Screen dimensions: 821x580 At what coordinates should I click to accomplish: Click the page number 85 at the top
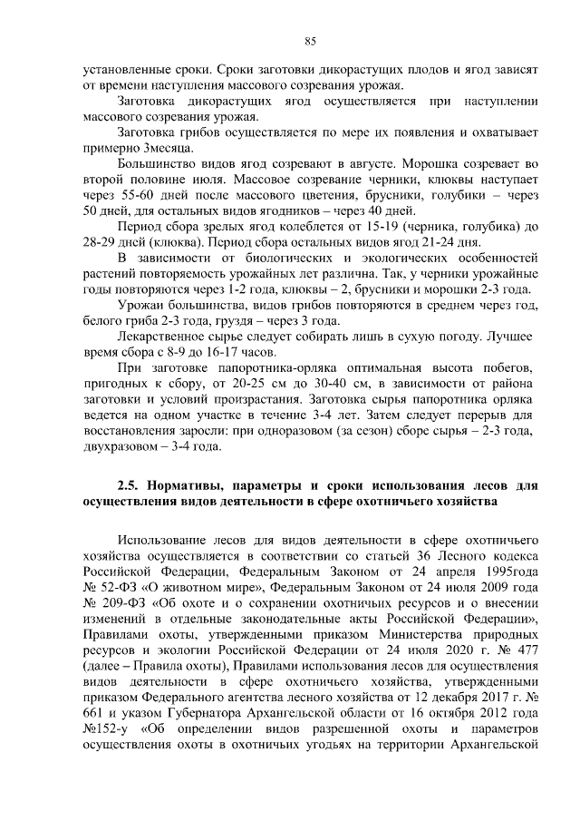[x=309, y=40]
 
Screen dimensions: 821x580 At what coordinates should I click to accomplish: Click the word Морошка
[x=417, y=164]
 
